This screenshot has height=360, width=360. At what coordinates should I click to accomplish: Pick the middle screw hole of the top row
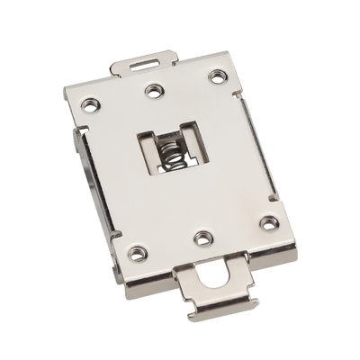tap(156, 90)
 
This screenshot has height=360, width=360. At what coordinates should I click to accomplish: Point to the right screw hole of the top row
tap(217, 76)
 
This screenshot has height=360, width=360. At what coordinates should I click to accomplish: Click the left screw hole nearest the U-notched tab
tap(136, 253)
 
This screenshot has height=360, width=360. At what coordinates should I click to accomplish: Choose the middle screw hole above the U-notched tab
tap(204, 238)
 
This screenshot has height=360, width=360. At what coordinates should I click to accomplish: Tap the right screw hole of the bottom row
tap(268, 221)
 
